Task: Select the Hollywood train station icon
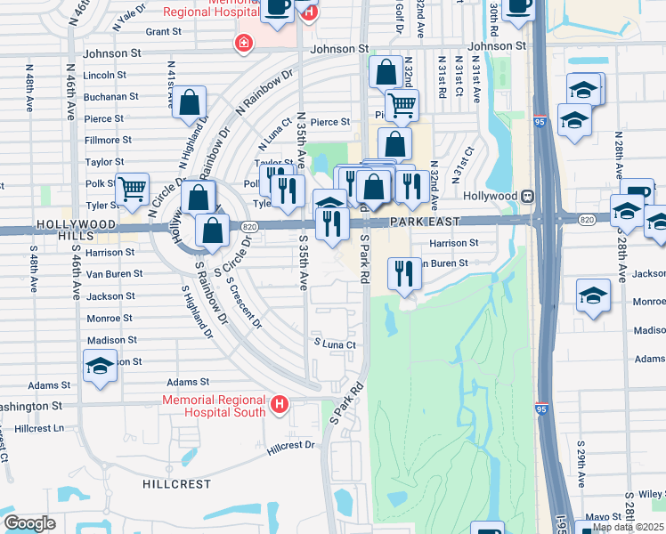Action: pyautogui.click(x=527, y=195)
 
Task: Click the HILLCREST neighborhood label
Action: pyautogui.click(x=177, y=484)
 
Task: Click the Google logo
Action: pyautogui.click(x=29, y=523)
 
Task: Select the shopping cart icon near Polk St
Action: pyautogui.click(x=132, y=189)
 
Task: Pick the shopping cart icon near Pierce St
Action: pyautogui.click(x=402, y=104)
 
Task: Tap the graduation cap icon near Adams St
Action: pyautogui.click(x=101, y=365)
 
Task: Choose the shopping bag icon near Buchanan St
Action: pyautogui.click(x=190, y=102)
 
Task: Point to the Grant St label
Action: pyautogui.click(x=163, y=31)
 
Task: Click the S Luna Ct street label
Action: pyautogui.click(x=334, y=344)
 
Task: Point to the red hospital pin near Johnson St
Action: pyautogui.click(x=242, y=43)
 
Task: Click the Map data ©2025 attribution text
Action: pyautogui.click(x=627, y=527)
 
